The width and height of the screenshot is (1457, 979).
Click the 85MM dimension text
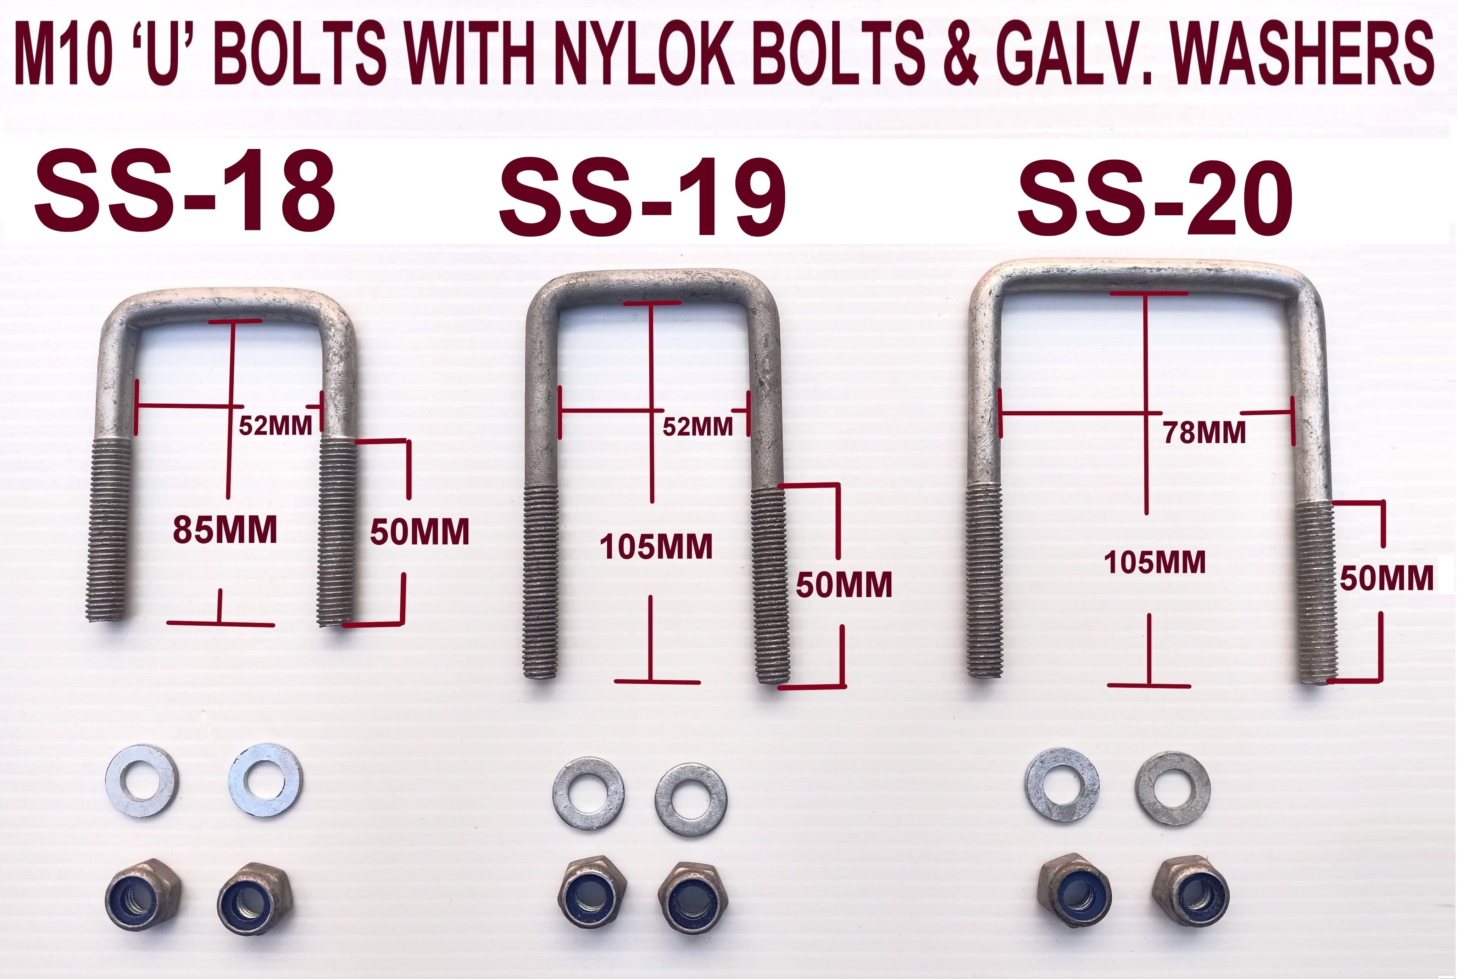(x=225, y=531)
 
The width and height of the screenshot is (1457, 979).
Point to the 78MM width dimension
(x=1204, y=433)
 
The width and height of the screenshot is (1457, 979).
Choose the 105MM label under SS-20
(x=1155, y=563)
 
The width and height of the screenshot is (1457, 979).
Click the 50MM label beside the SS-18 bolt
(x=419, y=532)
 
